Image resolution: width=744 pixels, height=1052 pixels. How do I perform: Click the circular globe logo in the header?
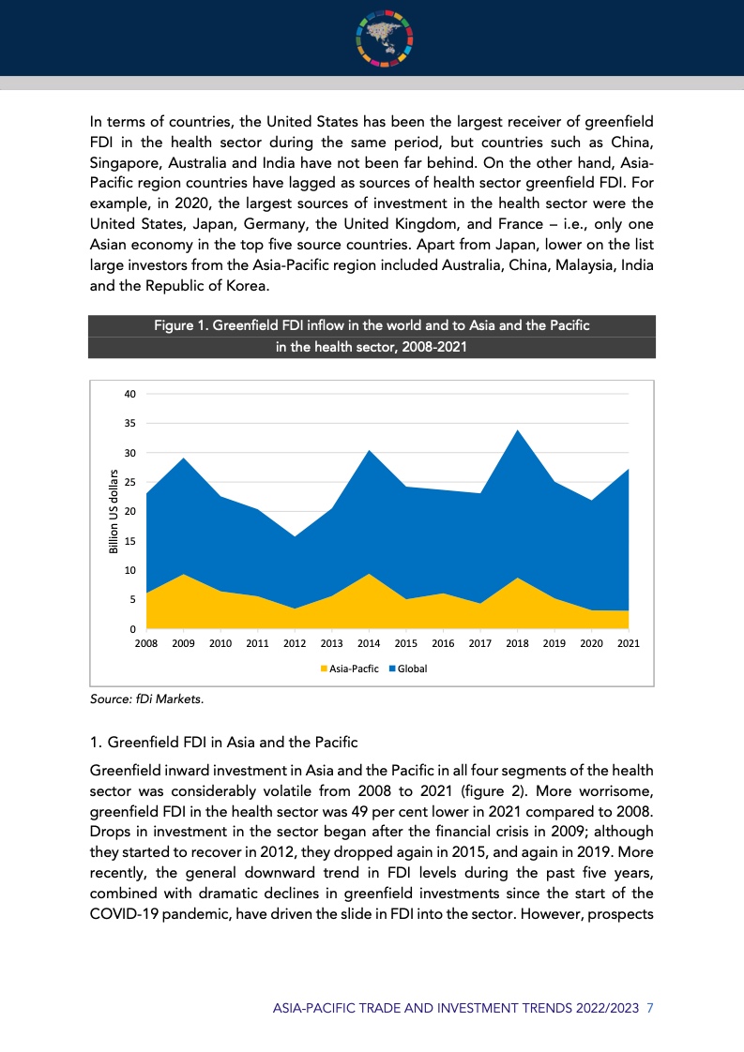(x=385, y=38)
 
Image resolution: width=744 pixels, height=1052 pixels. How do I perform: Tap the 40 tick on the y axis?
(x=130, y=395)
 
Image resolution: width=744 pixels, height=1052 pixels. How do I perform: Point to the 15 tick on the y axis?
(x=130, y=541)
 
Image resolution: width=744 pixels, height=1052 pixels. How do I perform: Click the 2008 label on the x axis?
(x=146, y=644)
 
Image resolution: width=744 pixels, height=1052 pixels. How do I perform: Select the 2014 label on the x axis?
(x=369, y=644)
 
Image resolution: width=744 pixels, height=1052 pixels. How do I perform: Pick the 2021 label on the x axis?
(x=629, y=644)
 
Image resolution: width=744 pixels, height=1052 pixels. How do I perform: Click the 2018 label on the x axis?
(x=517, y=644)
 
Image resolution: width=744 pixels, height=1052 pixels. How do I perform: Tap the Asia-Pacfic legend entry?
(x=351, y=669)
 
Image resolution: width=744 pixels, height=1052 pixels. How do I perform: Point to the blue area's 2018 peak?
(x=517, y=430)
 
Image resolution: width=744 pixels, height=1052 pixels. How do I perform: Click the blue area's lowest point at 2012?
(x=295, y=536)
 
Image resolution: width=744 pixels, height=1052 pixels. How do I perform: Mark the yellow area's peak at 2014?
(x=369, y=574)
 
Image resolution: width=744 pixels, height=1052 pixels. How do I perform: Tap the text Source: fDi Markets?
(x=145, y=699)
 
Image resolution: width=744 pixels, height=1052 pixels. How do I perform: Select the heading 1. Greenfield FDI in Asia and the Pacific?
(x=223, y=743)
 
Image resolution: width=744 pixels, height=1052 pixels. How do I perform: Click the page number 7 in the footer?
(x=650, y=1008)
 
